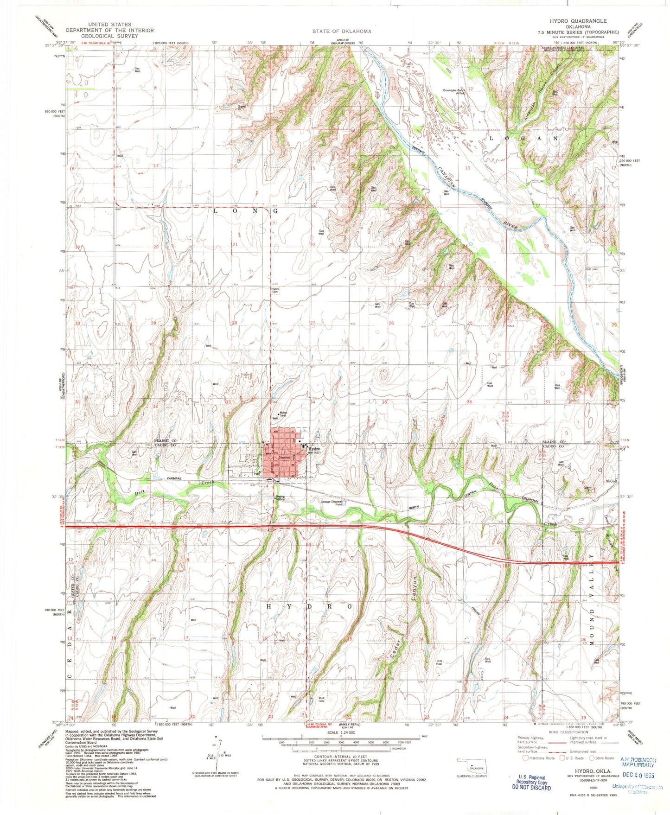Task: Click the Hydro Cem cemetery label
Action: click(275, 291)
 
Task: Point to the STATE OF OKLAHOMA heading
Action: click(341, 31)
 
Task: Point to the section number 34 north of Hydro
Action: click(313, 402)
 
